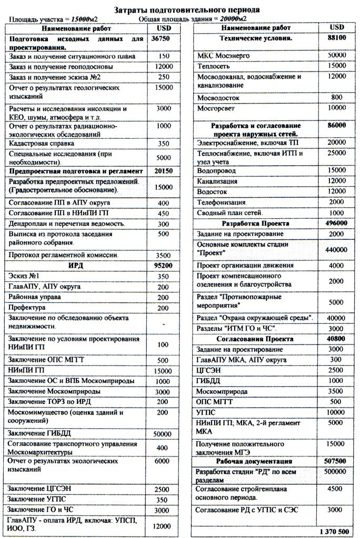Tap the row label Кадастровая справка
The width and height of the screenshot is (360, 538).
click(42, 143)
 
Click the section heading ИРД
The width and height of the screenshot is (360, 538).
click(76, 266)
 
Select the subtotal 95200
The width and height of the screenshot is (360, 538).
click(163, 266)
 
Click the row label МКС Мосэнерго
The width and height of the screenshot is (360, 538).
click(223, 55)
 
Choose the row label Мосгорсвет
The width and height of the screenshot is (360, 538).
click(216, 108)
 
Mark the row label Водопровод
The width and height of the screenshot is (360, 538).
click(216, 171)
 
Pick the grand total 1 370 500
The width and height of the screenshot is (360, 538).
click(334, 532)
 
